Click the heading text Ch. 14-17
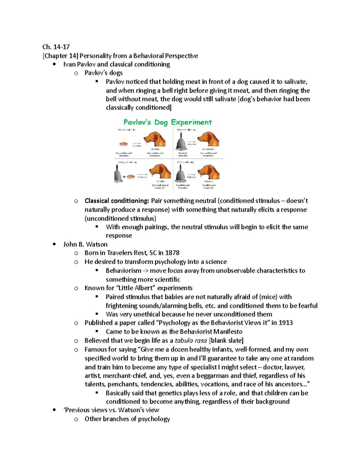[x=56, y=47]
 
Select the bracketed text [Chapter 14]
[x=60, y=56]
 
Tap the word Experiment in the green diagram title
[x=191, y=122]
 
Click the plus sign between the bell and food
[x=124, y=177]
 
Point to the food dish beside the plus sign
[x=131, y=177]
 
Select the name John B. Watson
[x=85, y=244]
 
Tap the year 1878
[x=172, y=253]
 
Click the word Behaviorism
[x=123, y=271]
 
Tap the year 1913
[x=286, y=323]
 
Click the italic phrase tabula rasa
[x=191, y=341]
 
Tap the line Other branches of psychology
[x=127, y=419]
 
